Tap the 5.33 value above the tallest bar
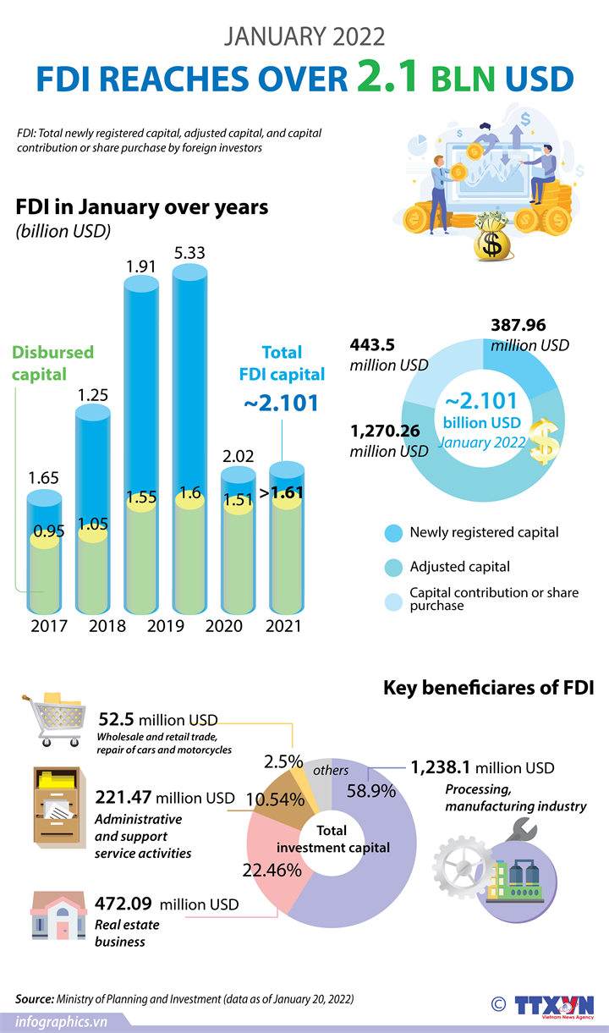tap(189, 253)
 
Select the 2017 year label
tap(48, 626)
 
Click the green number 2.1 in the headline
tap(387, 78)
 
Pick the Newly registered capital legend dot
tap(393, 533)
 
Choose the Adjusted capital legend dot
tap(393, 567)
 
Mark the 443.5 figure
tap(372, 345)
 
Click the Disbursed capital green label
tap(52, 362)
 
